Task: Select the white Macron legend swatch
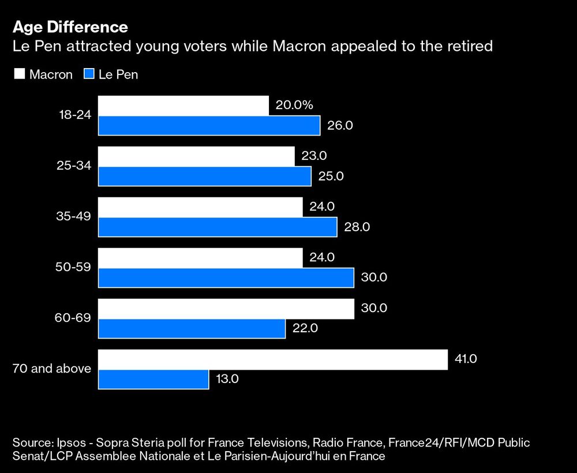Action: click(x=19, y=74)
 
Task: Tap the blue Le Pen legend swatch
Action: click(x=89, y=74)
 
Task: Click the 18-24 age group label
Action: click(x=75, y=115)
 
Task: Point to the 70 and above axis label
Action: click(x=52, y=368)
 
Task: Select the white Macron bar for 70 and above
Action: click(x=273, y=359)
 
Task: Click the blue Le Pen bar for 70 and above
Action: click(x=153, y=379)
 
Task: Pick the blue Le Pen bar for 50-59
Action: click(x=226, y=277)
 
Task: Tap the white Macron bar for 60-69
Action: click(x=226, y=308)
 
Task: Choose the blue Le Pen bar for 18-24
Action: click(x=209, y=125)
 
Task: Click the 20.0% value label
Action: click(x=294, y=105)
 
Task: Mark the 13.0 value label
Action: click(x=227, y=379)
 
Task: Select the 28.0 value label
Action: click(x=357, y=227)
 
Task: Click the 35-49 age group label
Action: click(x=75, y=217)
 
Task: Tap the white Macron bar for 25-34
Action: click(x=196, y=156)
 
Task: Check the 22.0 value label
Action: click(x=305, y=328)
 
